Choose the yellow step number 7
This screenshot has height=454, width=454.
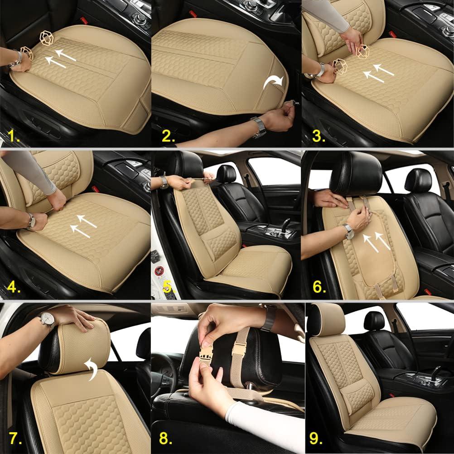pyautogui.click(x=14, y=439)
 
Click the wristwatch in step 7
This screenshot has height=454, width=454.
pyautogui.click(x=47, y=321)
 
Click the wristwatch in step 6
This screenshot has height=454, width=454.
pyautogui.click(x=348, y=231)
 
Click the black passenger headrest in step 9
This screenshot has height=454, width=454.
pyautogui.click(x=374, y=321)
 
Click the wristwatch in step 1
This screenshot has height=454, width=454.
pyautogui.click(x=18, y=58)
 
